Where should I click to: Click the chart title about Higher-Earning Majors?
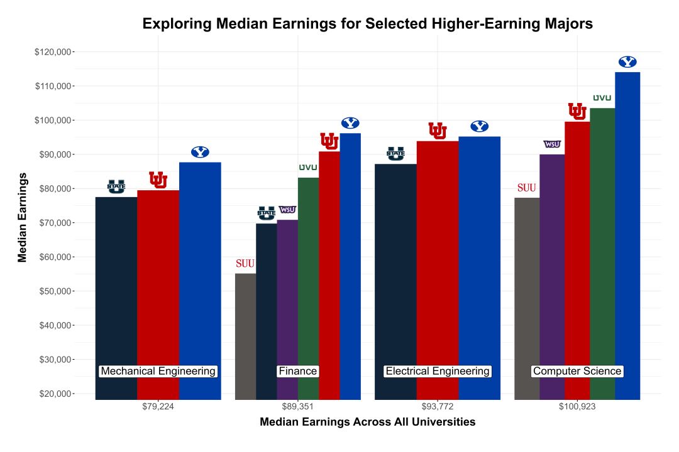coord(368,24)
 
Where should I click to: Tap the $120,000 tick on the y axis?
coord(53,51)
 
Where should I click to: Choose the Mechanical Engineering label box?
coord(158,371)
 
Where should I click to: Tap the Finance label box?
coord(297,371)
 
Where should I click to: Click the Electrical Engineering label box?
coord(437,371)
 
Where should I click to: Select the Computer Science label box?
coord(577,371)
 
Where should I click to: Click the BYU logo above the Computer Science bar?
coord(627,62)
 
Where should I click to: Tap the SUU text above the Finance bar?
coord(245,264)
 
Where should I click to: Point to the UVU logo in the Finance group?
coord(308,168)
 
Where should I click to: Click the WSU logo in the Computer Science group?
coord(552,144)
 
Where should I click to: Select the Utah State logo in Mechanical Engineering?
coord(116,186)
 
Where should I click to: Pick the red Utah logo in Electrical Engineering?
coord(438,131)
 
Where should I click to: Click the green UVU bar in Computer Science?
coord(602,251)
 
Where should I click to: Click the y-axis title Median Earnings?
coord(23,217)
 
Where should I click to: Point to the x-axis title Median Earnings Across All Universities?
coord(368,422)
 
